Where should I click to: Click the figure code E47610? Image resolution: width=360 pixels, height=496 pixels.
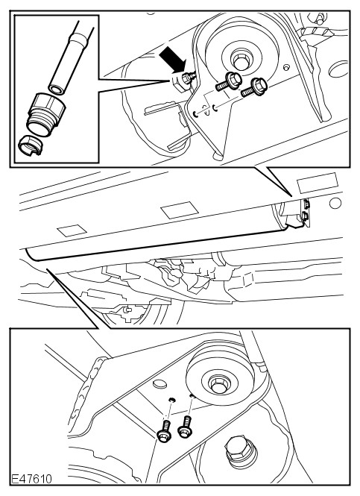31,479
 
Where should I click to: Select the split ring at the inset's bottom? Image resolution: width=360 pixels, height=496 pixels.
30,145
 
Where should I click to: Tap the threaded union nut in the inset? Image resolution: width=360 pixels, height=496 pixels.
46,114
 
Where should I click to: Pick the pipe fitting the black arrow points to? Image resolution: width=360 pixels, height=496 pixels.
183,81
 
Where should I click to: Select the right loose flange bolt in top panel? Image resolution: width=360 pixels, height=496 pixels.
254,87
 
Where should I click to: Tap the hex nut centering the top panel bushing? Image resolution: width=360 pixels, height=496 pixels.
241,60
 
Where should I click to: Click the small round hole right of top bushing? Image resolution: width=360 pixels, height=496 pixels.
286,68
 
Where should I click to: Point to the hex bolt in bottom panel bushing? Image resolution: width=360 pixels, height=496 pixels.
219,385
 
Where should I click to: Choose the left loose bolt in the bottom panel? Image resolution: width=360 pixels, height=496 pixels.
165,431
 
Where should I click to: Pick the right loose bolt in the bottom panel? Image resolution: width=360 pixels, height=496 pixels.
186,427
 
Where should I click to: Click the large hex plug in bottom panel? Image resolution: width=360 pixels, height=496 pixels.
241,452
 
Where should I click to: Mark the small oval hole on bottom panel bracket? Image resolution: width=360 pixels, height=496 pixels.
161,384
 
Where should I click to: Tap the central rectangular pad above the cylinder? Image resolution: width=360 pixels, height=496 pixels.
180,210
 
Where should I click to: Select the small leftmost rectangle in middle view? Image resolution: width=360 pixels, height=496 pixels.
72,230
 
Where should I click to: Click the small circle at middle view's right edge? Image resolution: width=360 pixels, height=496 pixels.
335,204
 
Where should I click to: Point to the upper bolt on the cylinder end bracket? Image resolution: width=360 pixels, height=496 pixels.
306,204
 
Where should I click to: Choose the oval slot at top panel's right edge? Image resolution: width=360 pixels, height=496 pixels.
338,69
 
